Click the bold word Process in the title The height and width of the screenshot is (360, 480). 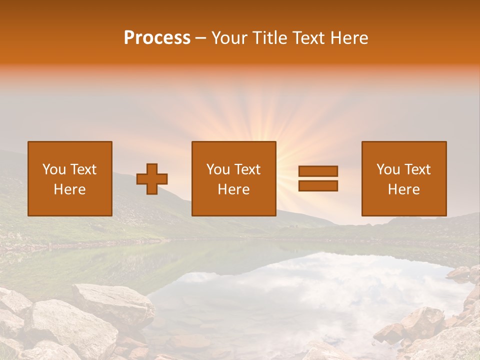(157, 38)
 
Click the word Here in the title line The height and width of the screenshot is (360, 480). (348, 38)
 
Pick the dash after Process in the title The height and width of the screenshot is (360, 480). (200, 39)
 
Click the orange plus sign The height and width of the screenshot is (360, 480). (152, 179)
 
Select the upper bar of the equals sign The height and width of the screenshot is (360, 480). (318, 171)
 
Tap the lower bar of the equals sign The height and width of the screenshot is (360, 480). (318, 185)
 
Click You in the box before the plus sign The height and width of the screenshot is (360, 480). (54, 169)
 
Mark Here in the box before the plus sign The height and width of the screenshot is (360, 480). (69, 189)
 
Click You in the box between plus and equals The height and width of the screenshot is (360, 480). (218, 169)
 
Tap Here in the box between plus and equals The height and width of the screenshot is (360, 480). (233, 189)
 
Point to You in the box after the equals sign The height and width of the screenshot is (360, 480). (388, 169)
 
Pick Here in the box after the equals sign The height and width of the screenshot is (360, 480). (403, 189)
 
